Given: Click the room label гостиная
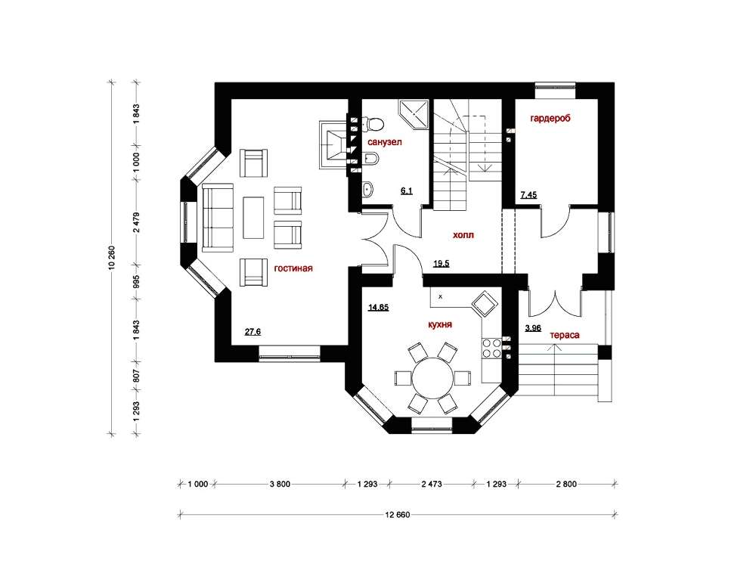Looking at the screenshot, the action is pyautogui.click(x=293, y=268).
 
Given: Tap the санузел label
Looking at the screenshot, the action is pyautogui.click(x=385, y=142).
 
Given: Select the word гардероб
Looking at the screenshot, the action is pyautogui.click(x=550, y=118).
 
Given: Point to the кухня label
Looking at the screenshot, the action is pyautogui.click(x=440, y=324).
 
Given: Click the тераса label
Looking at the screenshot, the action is pyautogui.click(x=565, y=335).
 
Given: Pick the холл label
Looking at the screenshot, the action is pyautogui.click(x=463, y=235).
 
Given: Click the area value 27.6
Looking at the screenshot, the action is pyautogui.click(x=253, y=332).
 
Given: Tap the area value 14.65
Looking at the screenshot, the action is pyautogui.click(x=379, y=307).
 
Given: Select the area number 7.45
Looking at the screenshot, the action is pyautogui.click(x=528, y=195).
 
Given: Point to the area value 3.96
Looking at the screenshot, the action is pyautogui.click(x=533, y=328).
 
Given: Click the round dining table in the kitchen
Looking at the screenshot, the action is pyautogui.click(x=432, y=378).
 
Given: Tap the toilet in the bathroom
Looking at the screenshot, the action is pyautogui.click(x=373, y=124).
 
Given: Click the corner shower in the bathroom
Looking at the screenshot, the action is pyautogui.click(x=414, y=114).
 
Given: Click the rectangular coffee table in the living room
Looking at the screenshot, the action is pyautogui.click(x=253, y=218).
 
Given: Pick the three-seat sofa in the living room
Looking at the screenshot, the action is pyautogui.click(x=218, y=218).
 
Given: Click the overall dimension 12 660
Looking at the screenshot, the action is pyautogui.click(x=398, y=515).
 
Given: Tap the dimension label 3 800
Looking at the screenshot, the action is pyautogui.click(x=280, y=484).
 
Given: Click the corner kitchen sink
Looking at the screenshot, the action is pyautogui.click(x=484, y=305).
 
